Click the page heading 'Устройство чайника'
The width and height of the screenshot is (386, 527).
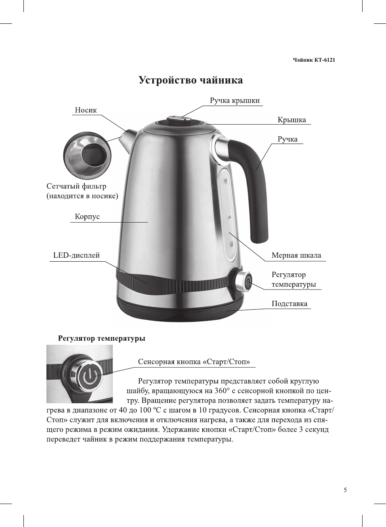coord(191,80)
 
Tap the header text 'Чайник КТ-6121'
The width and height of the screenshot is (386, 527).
coord(314,60)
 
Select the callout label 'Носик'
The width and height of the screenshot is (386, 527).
coord(86,110)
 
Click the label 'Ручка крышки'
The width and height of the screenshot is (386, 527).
coord(235,100)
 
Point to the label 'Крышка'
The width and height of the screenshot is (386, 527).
coord(292,120)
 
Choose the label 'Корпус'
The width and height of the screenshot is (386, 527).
coord(87,217)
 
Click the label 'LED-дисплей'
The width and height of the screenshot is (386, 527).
coord(76,255)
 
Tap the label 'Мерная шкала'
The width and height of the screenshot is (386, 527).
coord(296,255)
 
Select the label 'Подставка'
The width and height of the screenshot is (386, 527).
coord(289,304)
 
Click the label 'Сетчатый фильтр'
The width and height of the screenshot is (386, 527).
coord(76,186)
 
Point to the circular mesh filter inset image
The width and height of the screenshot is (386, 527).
coord(87,155)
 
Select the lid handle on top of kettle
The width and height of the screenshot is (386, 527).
coord(180,119)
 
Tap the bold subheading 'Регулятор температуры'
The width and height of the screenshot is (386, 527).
coord(101,338)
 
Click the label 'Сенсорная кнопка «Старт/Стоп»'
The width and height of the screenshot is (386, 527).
coord(194,362)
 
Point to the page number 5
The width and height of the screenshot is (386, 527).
coord(345,490)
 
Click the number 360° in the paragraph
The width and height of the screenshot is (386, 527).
coord(222,391)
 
